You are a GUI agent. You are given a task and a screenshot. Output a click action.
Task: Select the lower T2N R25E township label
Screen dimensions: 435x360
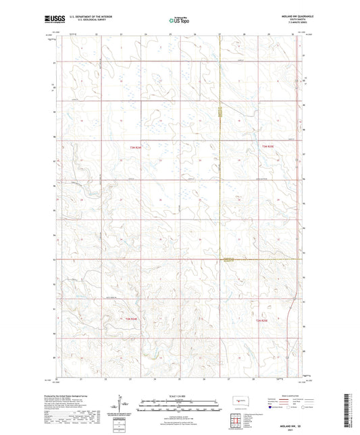tap(268, 319)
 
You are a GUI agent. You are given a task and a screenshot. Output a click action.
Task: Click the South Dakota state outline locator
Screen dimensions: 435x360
tap(238, 401)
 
